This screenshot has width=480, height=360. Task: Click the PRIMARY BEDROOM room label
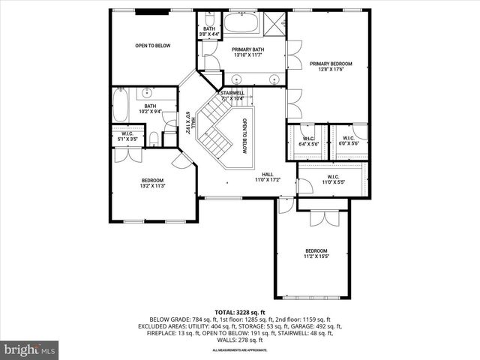pos(330,64)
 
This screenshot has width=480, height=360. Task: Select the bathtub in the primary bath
pos(241,22)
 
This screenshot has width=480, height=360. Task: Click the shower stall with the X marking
pos(275,22)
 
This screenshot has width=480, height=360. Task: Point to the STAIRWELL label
pos(232,93)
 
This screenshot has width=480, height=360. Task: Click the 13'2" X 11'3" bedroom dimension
pos(152,186)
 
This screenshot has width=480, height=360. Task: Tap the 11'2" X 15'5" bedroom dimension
pos(316,256)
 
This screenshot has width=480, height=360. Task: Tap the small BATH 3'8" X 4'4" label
pos(209,31)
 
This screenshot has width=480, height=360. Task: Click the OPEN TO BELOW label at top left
pos(153,46)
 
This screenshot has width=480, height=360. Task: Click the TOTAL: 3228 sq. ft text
pos(240,312)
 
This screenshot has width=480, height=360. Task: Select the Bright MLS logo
pos(30,349)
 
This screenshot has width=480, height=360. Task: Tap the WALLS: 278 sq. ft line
pos(240,341)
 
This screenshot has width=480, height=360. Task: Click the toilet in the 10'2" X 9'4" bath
pos(154,138)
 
